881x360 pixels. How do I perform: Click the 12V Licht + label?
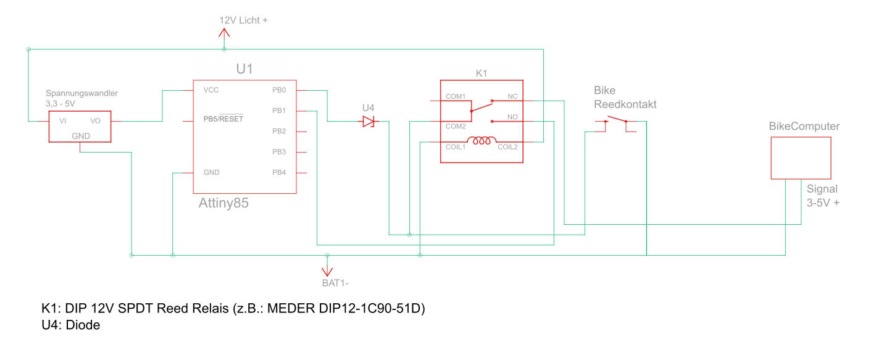pos(243,20)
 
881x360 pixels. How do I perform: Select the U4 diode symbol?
pos(369,122)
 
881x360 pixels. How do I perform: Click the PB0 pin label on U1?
pos(279,90)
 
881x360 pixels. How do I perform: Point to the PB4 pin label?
pos(279,172)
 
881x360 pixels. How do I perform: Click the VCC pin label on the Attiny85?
pos(211,90)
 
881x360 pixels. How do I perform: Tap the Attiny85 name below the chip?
pos(223,203)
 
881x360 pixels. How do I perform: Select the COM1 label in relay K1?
pos(456,97)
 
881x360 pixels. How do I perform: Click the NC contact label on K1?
pos(512,97)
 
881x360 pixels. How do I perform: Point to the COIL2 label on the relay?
pos(507,147)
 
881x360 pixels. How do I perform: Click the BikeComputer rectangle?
pos(801,158)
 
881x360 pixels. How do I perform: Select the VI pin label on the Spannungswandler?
pos(62,121)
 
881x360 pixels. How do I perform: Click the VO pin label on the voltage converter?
pos(96,121)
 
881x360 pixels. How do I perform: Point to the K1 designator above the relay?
pos(482,73)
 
